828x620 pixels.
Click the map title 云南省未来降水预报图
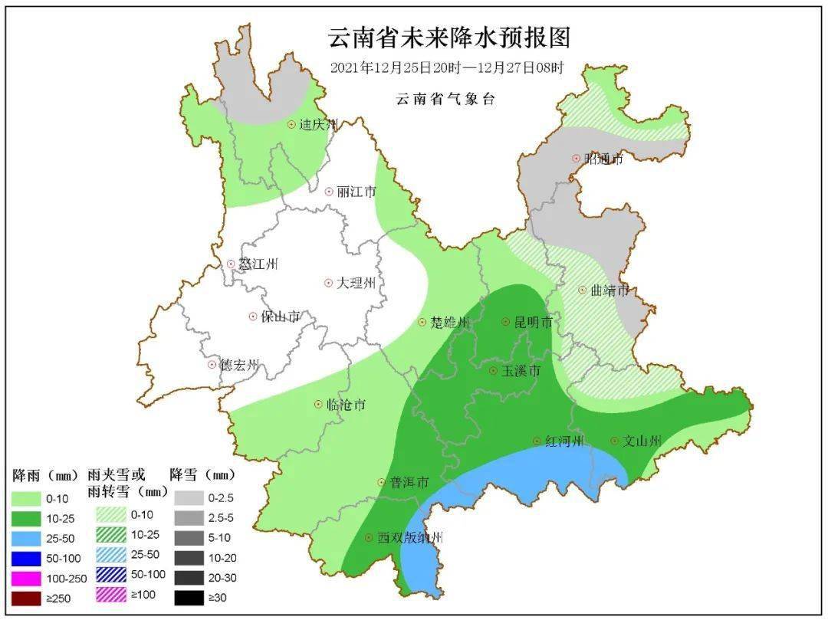pos(449,37)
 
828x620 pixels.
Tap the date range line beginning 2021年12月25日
pos(447,67)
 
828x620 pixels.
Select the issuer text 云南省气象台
pos(445,100)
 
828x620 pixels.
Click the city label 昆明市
pos(534,323)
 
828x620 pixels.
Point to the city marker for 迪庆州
pos(291,124)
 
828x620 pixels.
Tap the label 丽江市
pos(356,192)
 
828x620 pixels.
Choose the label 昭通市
pos(603,159)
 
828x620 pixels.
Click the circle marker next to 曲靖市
pos(582,290)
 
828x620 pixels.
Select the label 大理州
pos(356,284)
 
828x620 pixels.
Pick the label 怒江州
pos(258,264)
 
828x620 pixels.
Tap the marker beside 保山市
pos(252,317)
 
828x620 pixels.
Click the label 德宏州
pos(240,365)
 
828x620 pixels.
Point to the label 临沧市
pos(346,405)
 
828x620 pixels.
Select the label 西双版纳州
pos(410,539)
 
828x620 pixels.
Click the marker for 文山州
pos(614,441)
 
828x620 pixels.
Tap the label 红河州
pos(564,442)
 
